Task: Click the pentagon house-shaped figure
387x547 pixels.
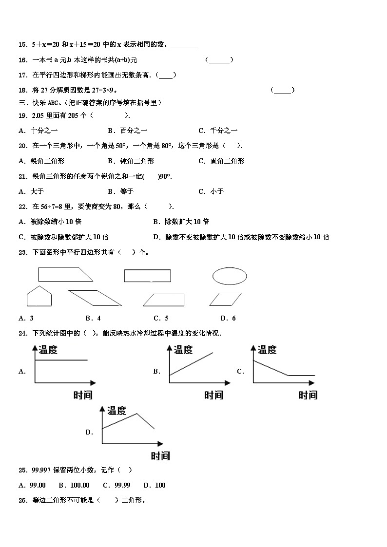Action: (x=39, y=296)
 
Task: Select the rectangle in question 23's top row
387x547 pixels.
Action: (x=147, y=276)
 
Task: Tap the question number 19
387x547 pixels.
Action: (x=22, y=115)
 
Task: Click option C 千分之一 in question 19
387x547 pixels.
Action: (x=218, y=131)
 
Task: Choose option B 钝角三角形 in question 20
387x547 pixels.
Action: (x=131, y=161)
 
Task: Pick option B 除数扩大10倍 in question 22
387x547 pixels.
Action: (x=181, y=222)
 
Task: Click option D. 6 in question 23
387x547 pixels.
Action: (x=228, y=318)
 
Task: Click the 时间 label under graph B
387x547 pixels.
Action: (x=213, y=395)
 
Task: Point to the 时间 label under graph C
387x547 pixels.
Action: (x=308, y=395)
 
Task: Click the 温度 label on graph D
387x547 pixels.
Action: (x=116, y=410)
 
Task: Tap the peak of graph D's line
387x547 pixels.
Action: (x=136, y=414)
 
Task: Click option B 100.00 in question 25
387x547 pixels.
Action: (x=74, y=485)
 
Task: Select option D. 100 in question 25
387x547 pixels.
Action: (x=155, y=485)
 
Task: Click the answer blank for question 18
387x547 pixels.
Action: (x=282, y=90)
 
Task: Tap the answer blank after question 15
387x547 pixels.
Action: (x=184, y=45)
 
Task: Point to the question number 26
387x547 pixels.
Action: (x=22, y=500)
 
